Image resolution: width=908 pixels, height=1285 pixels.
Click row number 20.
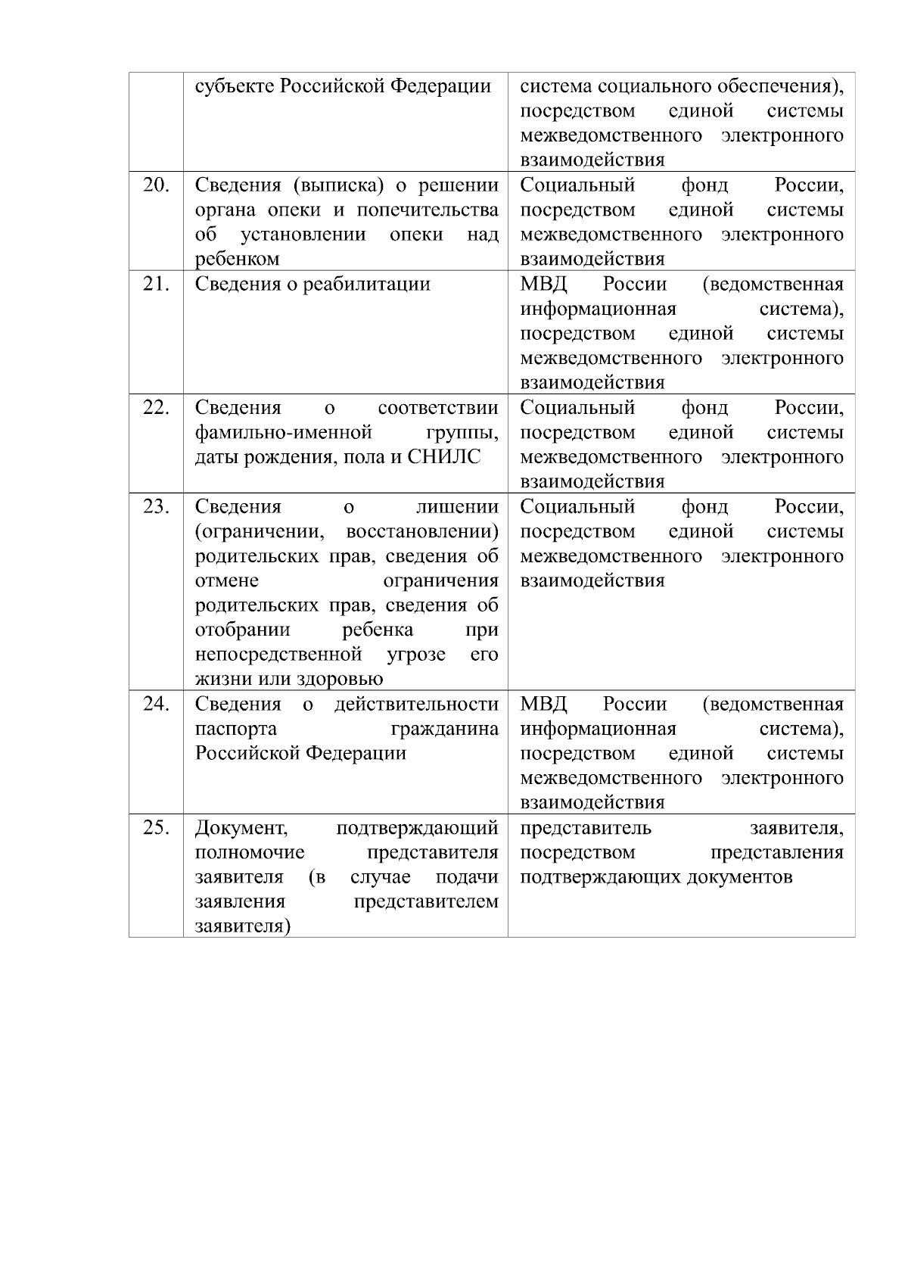156,185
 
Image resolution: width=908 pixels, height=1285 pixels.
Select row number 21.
156,285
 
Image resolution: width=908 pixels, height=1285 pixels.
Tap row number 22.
156,408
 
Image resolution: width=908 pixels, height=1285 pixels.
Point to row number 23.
156,507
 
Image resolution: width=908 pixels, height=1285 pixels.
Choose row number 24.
156,705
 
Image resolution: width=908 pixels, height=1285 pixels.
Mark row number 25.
156,828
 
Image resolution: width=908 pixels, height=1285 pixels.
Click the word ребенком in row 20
237,260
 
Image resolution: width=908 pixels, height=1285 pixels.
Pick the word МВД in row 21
543,285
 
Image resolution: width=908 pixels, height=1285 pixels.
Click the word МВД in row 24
543,705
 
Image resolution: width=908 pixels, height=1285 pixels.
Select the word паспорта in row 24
235,730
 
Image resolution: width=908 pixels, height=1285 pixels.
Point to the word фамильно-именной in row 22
284,433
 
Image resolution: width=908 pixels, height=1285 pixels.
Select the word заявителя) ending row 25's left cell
243,927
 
